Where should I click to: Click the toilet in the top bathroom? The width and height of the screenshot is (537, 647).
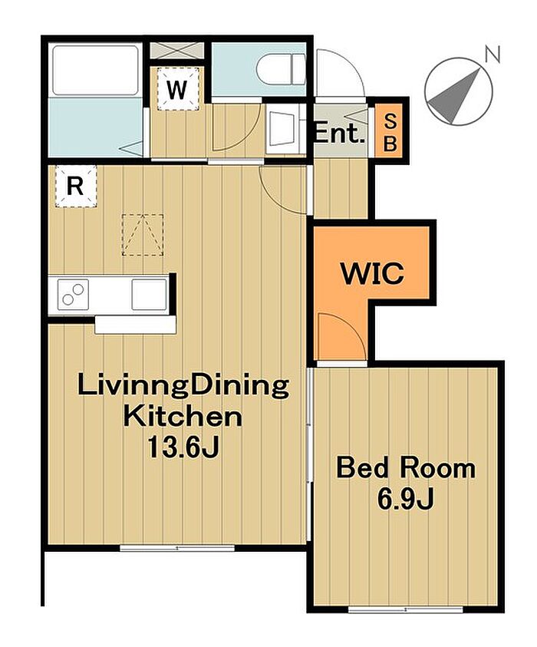[281, 70]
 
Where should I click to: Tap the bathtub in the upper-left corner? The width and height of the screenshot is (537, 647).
[96, 70]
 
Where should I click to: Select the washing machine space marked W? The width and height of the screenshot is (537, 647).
[178, 89]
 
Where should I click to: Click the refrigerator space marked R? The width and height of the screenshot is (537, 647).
[75, 186]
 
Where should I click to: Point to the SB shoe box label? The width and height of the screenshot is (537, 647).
[390, 133]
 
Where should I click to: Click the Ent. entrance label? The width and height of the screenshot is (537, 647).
[340, 134]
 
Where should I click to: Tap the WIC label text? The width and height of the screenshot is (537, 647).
[371, 272]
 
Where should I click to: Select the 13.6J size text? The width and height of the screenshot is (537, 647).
[183, 447]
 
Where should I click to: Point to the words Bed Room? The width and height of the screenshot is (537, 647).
[406, 468]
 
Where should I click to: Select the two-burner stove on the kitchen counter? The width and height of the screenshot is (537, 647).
[73, 294]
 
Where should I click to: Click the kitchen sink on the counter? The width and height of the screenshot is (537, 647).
[150, 294]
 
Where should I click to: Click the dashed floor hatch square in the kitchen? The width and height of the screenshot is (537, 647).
[143, 235]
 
